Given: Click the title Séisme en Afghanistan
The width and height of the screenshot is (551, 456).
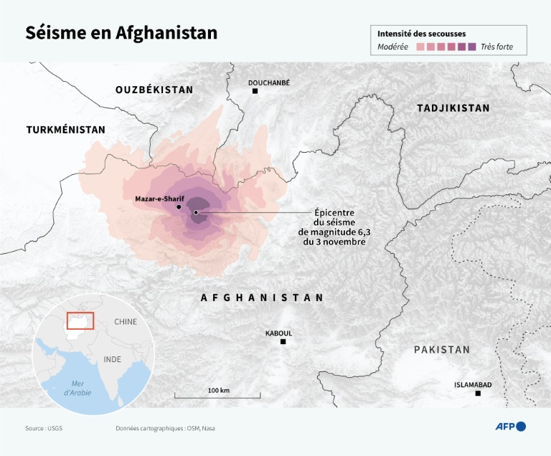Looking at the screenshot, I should (121, 34).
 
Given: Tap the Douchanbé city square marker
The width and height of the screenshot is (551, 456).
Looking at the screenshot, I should (255, 91).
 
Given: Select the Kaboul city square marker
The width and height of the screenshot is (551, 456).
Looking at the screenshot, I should (283, 342).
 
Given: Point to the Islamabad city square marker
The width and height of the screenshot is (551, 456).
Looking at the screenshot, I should (479, 394).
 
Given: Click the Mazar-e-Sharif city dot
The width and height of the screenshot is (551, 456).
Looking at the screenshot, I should (179, 206).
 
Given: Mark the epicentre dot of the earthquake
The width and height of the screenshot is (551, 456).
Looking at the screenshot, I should (195, 212).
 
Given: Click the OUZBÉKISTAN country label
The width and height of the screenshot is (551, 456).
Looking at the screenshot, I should (154, 90).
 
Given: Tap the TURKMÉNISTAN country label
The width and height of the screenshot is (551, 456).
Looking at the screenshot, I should (66, 130).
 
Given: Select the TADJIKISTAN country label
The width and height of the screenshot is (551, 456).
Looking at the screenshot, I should (453, 108).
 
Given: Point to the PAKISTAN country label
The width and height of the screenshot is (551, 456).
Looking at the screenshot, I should (441, 350).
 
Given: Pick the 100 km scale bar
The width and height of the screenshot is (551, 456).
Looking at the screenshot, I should (218, 395).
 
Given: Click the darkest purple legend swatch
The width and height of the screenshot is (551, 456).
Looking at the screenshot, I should (471, 47).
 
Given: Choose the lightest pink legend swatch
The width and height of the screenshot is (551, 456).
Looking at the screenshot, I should (420, 47).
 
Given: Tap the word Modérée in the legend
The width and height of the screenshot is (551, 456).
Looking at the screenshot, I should (392, 47).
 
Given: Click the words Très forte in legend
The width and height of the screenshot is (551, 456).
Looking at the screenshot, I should (497, 47).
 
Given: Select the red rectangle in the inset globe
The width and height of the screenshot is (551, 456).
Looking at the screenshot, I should (80, 320).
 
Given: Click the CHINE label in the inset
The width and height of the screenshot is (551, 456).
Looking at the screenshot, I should (126, 322).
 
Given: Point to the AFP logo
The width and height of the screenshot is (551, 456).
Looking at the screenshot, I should (511, 427).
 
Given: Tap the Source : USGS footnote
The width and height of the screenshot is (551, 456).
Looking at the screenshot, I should (44, 428).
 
